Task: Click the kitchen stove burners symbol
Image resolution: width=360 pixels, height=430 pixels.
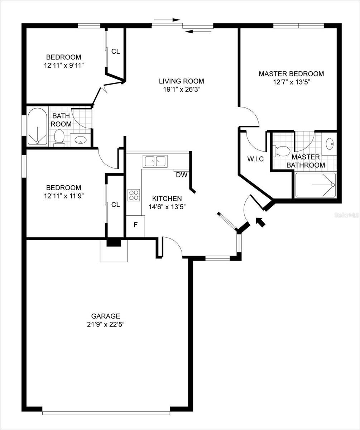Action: (134, 195)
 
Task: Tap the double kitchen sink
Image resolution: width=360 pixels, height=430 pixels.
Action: (155, 161)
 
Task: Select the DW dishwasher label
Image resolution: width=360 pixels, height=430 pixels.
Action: (182, 175)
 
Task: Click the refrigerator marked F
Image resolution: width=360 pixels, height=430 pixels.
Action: (135, 226)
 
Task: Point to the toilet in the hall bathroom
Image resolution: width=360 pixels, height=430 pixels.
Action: (59, 138)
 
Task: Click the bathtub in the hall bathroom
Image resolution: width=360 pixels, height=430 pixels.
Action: (37, 126)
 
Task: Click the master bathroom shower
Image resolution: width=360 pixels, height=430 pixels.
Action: (315, 185)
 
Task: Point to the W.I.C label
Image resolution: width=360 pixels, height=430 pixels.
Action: (255, 159)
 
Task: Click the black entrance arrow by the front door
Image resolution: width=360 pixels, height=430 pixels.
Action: (260, 222)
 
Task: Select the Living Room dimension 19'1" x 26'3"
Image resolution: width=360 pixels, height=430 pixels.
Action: (182, 90)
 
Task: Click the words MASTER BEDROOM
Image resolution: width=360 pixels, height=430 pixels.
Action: (291, 74)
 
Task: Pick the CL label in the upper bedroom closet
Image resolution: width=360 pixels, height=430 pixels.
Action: (115, 51)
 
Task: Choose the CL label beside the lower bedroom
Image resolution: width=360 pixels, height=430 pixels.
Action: (115, 205)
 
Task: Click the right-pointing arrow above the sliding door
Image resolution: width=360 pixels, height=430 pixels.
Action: (167, 20)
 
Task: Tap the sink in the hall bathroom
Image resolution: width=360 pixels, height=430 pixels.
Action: (81, 140)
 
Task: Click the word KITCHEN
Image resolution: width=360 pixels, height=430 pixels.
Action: (167, 199)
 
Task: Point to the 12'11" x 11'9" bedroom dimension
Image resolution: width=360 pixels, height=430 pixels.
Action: (64, 196)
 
